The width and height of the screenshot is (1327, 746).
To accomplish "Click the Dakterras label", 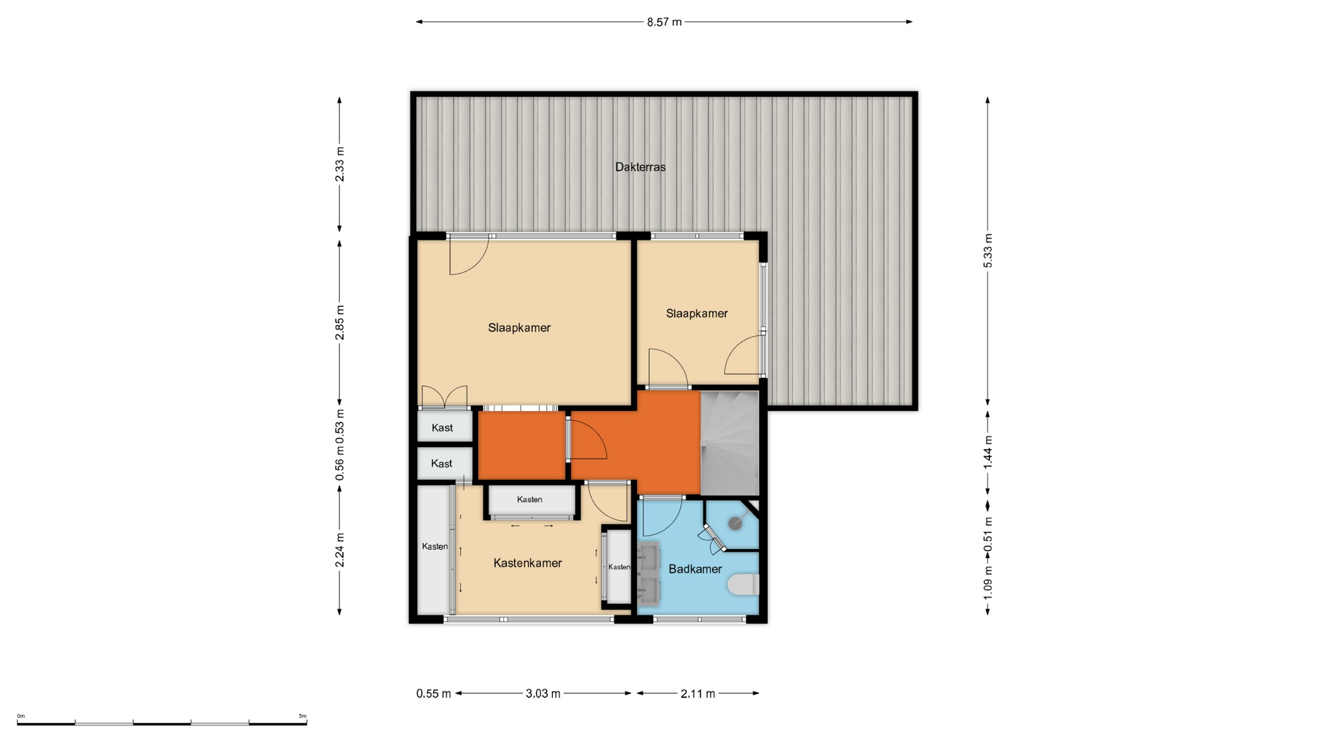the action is point(640,166).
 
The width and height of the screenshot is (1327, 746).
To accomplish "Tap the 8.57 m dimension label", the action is point(664,22).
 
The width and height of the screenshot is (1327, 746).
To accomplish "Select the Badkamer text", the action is point(695,569).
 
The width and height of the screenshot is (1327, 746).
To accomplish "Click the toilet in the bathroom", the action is point(744,585).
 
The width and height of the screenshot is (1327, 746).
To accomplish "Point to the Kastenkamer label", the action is point(527,563).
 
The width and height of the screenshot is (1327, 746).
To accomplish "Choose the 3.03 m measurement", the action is point(543,694).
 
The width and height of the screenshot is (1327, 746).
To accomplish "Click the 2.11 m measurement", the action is point(697,694).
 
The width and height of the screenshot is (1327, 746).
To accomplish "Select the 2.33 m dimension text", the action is point(339,165).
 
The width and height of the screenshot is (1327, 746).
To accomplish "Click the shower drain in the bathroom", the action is point(735,524).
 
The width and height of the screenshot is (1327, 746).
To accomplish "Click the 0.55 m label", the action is point(433,694).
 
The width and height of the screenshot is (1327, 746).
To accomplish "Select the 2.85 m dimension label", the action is point(339,323).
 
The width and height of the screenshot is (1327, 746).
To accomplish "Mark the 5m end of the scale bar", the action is point(306,723).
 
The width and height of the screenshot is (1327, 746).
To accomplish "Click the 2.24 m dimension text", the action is point(339,550).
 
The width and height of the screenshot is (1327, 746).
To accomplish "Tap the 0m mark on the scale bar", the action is point(17,723).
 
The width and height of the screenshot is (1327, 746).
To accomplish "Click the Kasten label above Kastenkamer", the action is point(529,499).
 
